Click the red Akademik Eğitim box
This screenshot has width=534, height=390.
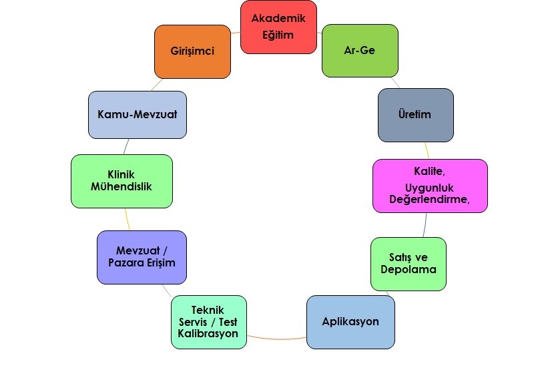[278, 27]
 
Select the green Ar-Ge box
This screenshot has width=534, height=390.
[360, 51]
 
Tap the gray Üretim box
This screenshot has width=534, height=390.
[416, 115]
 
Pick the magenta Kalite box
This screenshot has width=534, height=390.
[430, 186]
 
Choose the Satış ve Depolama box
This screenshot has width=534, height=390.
[409, 264]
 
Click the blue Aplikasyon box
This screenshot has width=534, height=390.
[351, 323]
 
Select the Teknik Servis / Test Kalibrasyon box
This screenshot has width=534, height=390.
[209, 323]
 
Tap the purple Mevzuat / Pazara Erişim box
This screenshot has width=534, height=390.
[142, 258]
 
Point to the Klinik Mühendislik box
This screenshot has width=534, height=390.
[121, 181]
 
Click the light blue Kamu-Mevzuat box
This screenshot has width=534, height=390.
[138, 115]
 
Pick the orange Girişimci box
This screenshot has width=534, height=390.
[192, 51]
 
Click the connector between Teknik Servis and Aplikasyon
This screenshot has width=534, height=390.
[276, 339]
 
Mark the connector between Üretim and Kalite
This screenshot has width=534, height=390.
[427, 150]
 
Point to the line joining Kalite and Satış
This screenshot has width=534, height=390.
[425, 225]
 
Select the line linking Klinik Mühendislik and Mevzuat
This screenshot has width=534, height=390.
[127, 219]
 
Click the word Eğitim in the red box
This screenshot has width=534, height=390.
[278, 35]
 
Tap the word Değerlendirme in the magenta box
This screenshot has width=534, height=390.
[429, 199]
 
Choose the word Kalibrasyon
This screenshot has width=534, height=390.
[208, 333]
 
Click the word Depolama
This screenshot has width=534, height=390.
[409, 269]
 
